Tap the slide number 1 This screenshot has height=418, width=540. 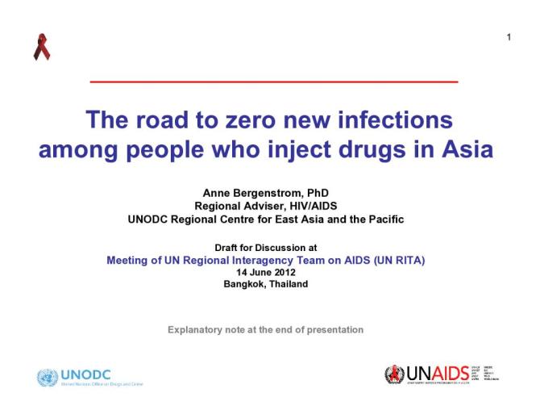pyautogui.click(x=509, y=37)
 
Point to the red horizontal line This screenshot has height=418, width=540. pyautogui.click(x=273, y=82)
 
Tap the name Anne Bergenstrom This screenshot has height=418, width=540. pyautogui.click(x=245, y=194)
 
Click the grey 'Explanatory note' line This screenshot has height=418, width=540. pyautogui.click(x=265, y=329)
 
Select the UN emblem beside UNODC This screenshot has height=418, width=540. pyautogui.click(x=48, y=376)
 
